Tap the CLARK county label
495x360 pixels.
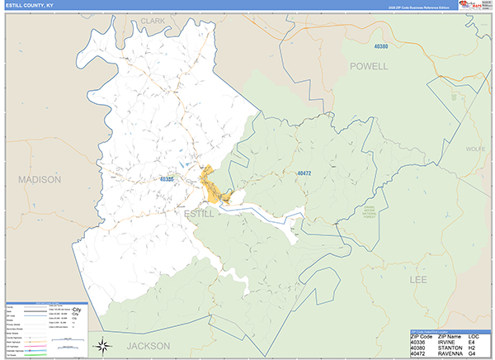pos(153,20)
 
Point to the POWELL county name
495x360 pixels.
pos(368,66)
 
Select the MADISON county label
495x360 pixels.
pos(40,179)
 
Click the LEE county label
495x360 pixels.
pos(421,281)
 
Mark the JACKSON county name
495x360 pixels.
pos(148,346)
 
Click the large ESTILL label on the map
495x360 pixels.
pos(199,213)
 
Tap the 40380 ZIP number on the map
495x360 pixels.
pos(380,46)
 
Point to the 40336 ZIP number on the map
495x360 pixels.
pos(167,178)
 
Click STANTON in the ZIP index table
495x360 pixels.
pos(453,348)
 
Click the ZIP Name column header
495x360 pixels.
pos(453,337)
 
